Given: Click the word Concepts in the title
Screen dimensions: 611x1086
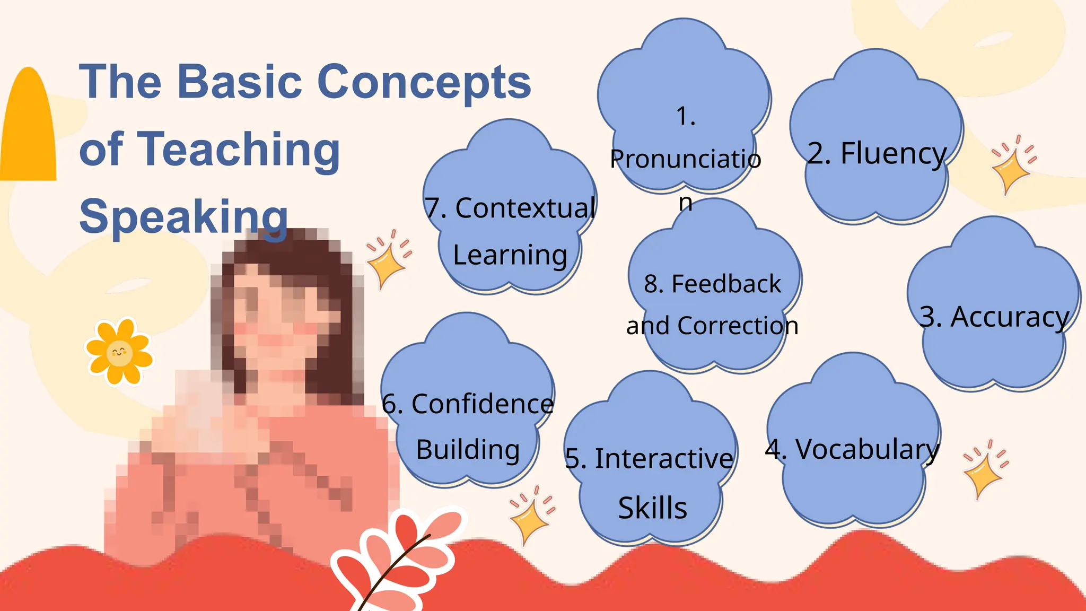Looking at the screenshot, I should [424, 82].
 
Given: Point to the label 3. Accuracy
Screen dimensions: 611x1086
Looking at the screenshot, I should [994, 317].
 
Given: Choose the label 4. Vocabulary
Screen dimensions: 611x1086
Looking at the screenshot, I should [852, 450].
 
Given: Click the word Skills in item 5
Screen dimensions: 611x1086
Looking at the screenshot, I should [652, 508].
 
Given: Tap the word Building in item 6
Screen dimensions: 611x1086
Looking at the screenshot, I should [468, 450].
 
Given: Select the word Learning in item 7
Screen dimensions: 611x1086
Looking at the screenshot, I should [510, 255].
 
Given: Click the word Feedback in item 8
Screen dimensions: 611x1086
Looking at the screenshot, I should [726, 284].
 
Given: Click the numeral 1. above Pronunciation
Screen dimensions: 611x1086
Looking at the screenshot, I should [686, 116].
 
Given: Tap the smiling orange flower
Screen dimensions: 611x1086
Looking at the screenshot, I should [119, 352].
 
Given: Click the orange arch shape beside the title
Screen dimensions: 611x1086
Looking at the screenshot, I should [29, 127].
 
